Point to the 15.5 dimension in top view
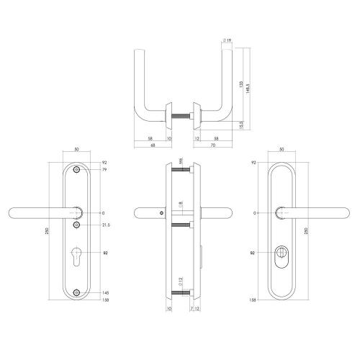[240, 125]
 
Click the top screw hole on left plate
[78, 171]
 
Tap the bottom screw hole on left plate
[78, 292]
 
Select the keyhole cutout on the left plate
[78, 256]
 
